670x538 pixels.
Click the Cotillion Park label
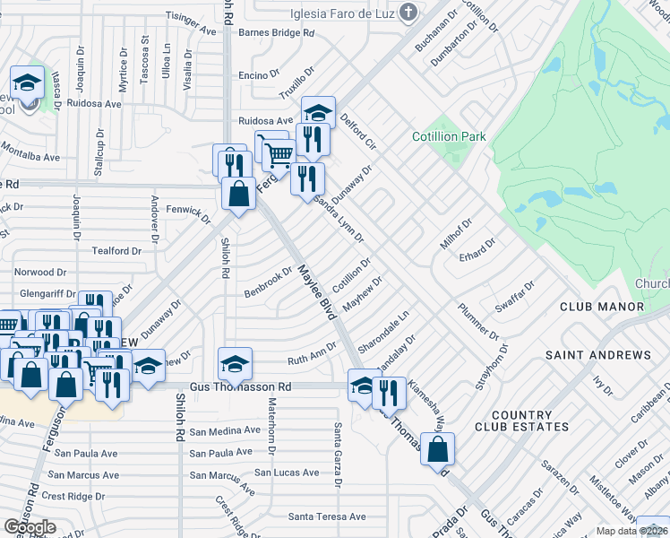449,136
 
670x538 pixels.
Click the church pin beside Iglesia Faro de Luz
409,12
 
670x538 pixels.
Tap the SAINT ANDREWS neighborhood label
598,355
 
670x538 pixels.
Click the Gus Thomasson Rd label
235,386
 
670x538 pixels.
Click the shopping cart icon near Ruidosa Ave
279,155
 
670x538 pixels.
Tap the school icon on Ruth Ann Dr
235,364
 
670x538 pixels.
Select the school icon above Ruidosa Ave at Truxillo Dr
317,113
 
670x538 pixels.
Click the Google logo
30,526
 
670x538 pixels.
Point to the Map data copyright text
631,531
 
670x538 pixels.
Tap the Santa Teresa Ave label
327,516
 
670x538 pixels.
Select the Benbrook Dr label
269,282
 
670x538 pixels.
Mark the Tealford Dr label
111,252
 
